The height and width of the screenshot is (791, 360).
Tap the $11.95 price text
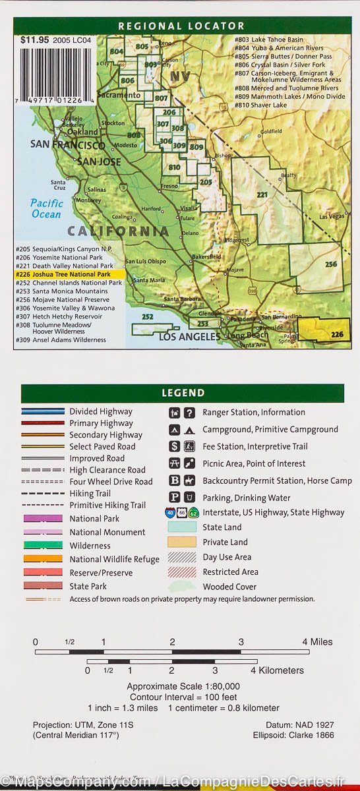34,40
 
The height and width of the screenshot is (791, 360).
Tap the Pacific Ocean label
47,208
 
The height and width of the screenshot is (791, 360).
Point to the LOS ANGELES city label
190,337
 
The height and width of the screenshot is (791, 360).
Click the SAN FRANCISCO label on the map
67,145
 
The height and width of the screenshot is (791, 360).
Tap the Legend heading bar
183,393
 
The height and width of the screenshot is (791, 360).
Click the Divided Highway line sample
43,411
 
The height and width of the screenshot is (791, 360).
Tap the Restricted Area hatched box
181,572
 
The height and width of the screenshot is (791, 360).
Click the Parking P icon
174,498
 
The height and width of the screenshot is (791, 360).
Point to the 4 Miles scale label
317,642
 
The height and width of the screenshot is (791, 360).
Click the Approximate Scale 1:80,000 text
183,686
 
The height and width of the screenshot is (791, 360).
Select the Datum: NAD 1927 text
295,724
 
